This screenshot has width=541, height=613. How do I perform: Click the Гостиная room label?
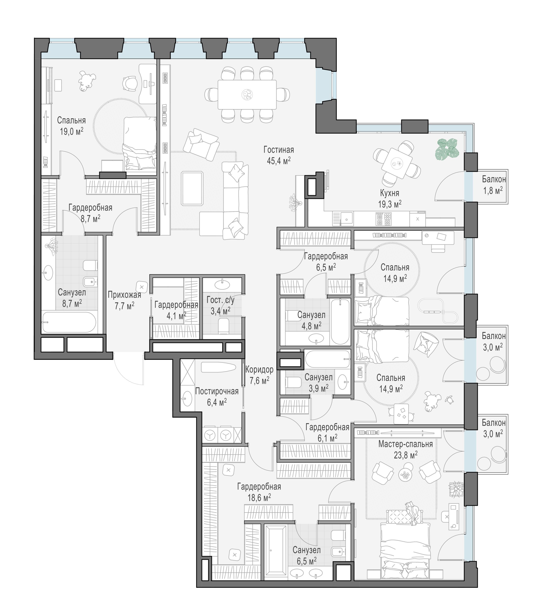[x=279, y=150]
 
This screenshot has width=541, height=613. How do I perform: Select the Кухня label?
[x=390, y=193]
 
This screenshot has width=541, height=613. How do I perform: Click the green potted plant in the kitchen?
[x=447, y=148]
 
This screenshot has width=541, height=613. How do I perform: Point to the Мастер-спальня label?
[x=405, y=444]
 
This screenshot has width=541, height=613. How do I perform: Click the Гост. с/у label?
[x=220, y=300]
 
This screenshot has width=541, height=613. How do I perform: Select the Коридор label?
[x=259, y=370]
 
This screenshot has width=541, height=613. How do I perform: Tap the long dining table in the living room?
[x=247, y=95]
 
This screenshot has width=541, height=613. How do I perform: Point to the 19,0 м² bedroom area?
[x=71, y=131]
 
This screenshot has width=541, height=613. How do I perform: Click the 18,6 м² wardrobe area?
[x=259, y=498]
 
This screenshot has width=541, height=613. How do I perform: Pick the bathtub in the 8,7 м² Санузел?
[x=69, y=322]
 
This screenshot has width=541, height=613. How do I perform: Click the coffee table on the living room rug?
[x=192, y=188]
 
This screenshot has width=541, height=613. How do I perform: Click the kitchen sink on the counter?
[x=347, y=219]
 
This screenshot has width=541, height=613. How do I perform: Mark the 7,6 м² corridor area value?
[x=259, y=381]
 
